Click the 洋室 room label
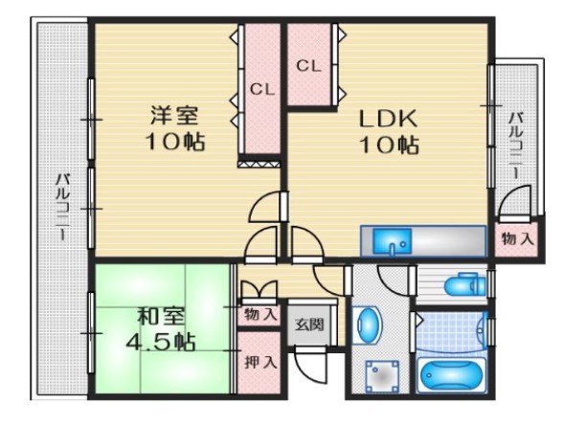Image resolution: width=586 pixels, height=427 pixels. click(174, 115)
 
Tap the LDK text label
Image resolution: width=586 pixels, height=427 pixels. click(389, 119)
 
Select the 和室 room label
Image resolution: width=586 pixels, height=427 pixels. click(161, 317)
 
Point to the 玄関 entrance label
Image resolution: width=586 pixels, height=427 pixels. click(309, 325)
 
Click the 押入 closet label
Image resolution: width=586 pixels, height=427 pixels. click(260, 362)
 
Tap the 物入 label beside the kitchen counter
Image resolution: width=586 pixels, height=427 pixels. click(518, 238)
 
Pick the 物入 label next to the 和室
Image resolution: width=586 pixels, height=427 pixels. click(260, 315)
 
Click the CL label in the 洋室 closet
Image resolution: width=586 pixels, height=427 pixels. click(262, 90)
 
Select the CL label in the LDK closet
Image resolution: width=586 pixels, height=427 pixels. click(308, 66)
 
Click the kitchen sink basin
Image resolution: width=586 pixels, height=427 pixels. click(392, 241)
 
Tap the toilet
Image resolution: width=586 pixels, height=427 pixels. click(464, 284)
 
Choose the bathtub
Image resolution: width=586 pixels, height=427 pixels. click(451, 375)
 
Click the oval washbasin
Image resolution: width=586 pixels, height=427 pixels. click(369, 326)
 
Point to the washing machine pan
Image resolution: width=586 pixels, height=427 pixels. click(382, 376)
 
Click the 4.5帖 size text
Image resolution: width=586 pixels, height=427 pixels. click(160, 341)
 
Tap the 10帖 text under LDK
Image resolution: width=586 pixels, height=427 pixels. click(389, 145)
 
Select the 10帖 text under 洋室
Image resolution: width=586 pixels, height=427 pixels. click(175, 141)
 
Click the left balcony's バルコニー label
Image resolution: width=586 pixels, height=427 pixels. click(62, 207)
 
